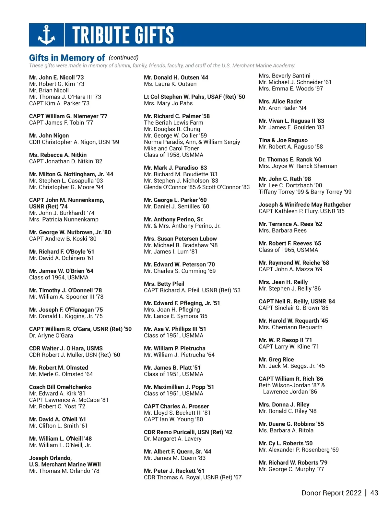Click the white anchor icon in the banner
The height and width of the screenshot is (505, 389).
[46, 35]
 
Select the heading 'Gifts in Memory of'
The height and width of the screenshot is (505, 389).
[67, 58]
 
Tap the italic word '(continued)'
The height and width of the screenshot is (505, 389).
[124, 57]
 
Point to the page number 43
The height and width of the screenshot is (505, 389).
[374, 493]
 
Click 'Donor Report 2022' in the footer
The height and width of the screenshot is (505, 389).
[331, 493]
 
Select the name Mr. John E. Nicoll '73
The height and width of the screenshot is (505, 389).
[56, 77]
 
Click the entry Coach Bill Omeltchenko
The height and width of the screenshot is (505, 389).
[60, 387]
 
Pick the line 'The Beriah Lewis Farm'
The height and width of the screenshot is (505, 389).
[173, 123]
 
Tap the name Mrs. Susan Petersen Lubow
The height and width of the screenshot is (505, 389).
[180, 239]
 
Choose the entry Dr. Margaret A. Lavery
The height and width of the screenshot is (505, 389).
[172, 439]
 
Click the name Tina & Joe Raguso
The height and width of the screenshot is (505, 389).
[283, 140]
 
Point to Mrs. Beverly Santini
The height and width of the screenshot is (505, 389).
[284, 76]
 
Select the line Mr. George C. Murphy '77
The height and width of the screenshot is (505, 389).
[291, 469]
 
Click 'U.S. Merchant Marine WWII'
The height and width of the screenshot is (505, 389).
[65, 464]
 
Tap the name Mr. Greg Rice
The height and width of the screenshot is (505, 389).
[276, 359]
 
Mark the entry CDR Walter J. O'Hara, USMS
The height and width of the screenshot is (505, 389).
[66, 348]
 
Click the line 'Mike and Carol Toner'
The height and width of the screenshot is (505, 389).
[171, 148]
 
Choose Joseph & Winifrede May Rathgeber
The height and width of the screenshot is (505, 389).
[304, 205]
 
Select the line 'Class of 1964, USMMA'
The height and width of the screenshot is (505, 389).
[59, 277]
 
